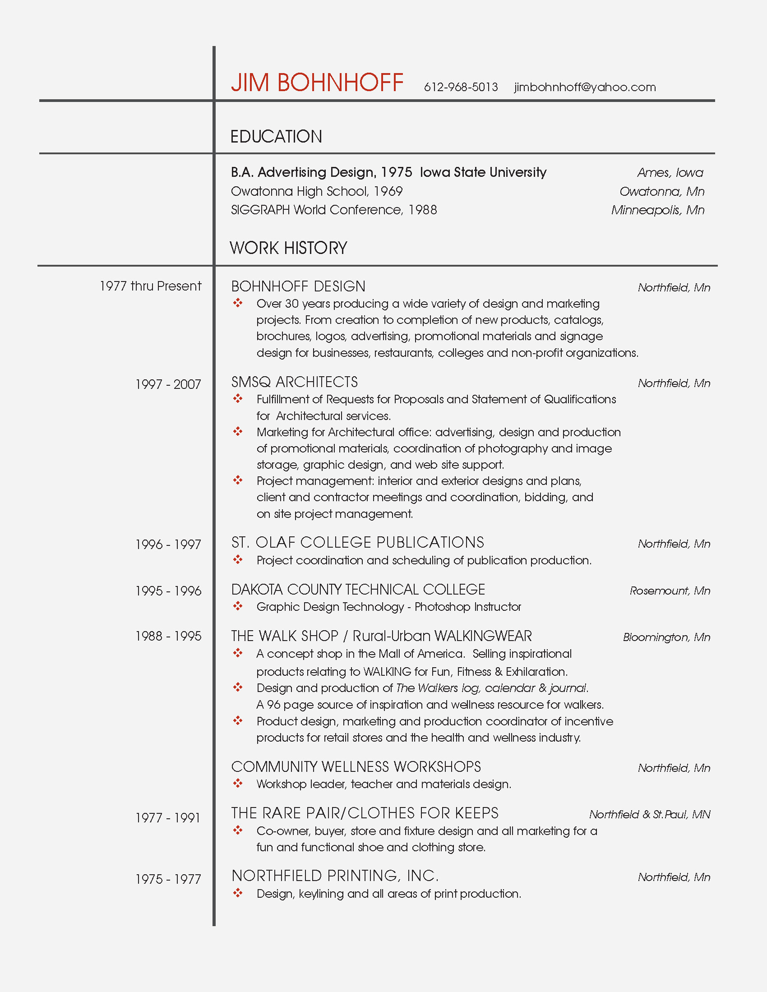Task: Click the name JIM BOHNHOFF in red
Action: tap(317, 83)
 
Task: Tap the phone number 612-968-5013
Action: tap(461, 87)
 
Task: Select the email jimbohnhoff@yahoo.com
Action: tap(585, 87)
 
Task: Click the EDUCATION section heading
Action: tap(276, 137)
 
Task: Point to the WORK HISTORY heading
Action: tap(289, 248)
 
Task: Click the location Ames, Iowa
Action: tap(670, 173)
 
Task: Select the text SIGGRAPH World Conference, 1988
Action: tap(334, 210)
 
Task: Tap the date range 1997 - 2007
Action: tap(168, 385)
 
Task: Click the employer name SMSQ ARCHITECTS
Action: tap(295, 382)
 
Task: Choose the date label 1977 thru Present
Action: tap(150, 286)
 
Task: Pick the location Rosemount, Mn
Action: tap(670, 591)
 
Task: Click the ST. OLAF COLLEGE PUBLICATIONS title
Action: tap(358, 542)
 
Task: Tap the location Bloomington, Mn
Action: tap(666, 637)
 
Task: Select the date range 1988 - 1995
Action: tap(168, 637)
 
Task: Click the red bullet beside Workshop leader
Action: tap(238, 783)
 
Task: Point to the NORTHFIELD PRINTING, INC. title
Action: tap(335, 875)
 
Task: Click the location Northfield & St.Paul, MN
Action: tap(650, 814)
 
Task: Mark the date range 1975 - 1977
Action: tap(168, 879)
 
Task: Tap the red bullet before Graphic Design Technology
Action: tap(238, 606)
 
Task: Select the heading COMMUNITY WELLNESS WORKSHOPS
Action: tap(356, 767)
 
